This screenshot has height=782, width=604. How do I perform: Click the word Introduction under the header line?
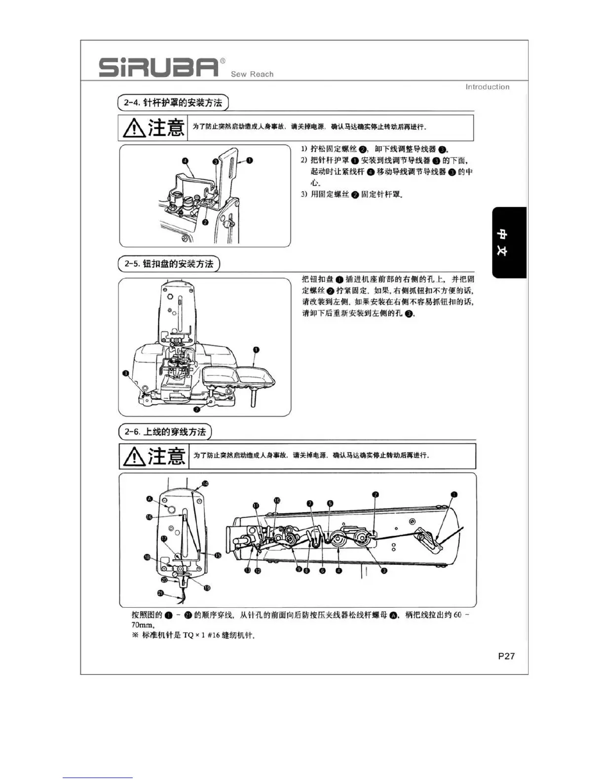[487, 87]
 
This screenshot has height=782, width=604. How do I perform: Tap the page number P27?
[506, 656]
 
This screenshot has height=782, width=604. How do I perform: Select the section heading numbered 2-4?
[173, 103]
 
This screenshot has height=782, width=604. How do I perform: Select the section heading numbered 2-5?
[169, 264]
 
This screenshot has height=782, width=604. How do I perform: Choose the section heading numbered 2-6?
[165, 432]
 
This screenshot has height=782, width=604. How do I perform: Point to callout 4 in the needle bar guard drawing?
[185, 161]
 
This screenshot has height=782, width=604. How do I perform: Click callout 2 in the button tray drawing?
[197, 409]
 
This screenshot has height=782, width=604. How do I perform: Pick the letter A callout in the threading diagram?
[150, 499]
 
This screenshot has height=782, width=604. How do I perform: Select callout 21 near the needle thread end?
[160, 593]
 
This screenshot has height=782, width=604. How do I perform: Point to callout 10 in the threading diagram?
[277, 500]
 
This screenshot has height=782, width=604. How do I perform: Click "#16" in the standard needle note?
[213, 635]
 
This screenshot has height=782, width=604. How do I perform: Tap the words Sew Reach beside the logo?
[252, 74]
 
